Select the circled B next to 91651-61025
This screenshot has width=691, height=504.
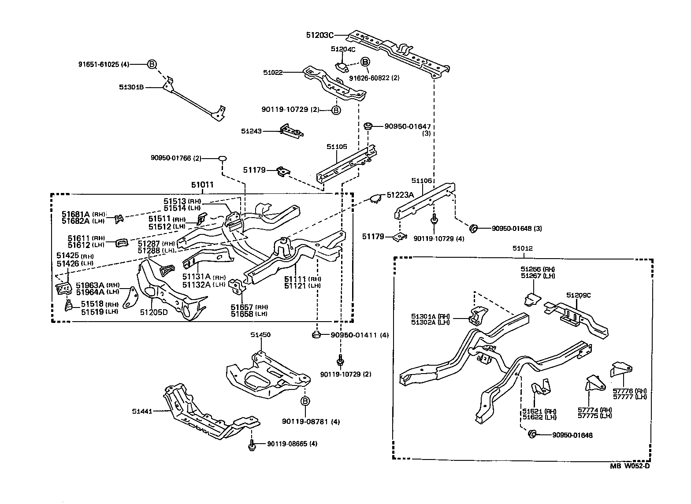click(x=151, y=64)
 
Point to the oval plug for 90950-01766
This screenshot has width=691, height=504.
click(x=223, y=158)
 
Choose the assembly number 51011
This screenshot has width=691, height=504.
click(x=202, y=185)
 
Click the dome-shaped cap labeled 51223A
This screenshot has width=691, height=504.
click(x=375, y=199)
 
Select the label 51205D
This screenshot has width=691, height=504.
click(x=154, y=312)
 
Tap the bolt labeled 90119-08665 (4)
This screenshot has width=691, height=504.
click(x=251, y=446)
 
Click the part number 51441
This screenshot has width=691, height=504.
click(x=142, y=411)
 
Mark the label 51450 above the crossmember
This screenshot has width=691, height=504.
click(x=260, y=335)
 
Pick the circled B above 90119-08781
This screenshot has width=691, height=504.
click(x=305, y=401)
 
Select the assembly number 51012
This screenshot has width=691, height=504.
click(x=522, y=248)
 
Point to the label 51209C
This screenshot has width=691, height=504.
click(x=578, y=295)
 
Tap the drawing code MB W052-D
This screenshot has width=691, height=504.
click(x=630, y=467)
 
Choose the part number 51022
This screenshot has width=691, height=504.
click(x=273, y=72)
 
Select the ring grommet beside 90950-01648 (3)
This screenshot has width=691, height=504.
click(x=474, y=229)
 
